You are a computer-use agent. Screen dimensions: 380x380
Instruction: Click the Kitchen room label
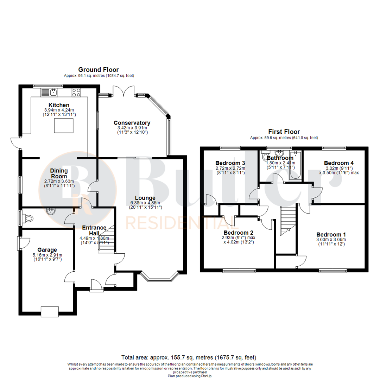[x=59, y=105]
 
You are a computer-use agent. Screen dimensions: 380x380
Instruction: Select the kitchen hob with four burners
[x=76, y=92]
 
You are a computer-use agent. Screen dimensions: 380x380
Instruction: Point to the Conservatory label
[x=132, y=123]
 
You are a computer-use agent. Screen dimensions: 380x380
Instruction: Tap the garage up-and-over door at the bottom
[x=50, y=311]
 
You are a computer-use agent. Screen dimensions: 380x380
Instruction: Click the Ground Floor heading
[x=99, y=70]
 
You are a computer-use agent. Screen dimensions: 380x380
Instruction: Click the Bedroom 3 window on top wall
[x=230, y=148]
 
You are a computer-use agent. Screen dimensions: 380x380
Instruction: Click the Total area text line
[x=189, y=357]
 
